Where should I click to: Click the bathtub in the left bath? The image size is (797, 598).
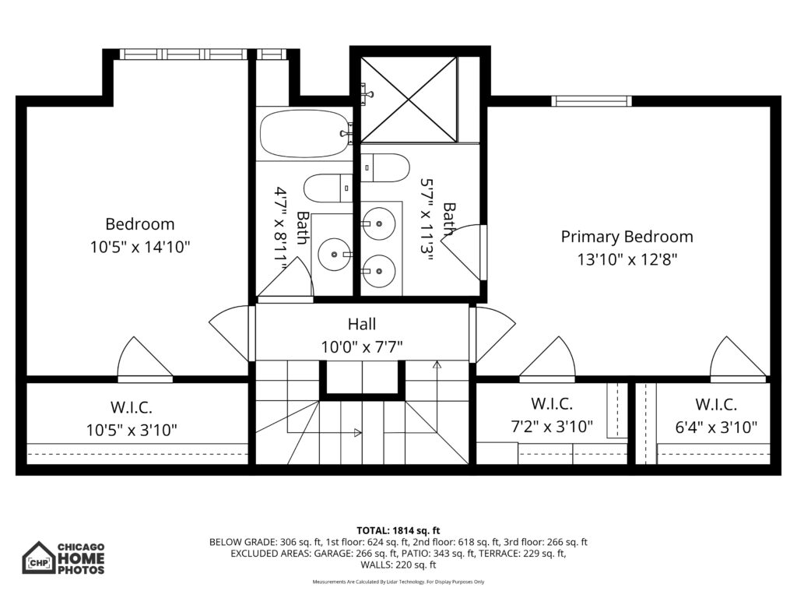[304, 134]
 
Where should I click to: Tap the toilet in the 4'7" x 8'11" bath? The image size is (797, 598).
[328, 188]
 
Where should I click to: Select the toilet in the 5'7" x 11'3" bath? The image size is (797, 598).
[384, 168]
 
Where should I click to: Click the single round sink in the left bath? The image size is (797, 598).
[335, 255]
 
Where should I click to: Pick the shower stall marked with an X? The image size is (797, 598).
[409, 99]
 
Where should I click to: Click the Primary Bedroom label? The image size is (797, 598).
[627, 237]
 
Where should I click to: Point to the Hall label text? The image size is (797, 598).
[362, 324]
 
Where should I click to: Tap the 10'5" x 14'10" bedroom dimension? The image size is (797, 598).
[140, 247]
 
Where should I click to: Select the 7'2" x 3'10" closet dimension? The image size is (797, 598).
[552, 426]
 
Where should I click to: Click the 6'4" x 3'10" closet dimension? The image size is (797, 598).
[716, 427]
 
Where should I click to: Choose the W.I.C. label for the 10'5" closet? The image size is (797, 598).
[132, 407]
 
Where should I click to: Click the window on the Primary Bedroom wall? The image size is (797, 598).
[592, 101]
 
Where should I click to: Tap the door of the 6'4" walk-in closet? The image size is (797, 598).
[738, 358]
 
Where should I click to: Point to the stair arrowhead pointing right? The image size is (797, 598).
[358, 433]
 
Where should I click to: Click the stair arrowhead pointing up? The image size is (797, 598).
[437, 364]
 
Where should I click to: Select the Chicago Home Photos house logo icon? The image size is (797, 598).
[38, 558]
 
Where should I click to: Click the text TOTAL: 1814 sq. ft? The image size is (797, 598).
[398, 531]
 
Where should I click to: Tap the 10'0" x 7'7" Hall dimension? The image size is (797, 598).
[362, 346]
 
